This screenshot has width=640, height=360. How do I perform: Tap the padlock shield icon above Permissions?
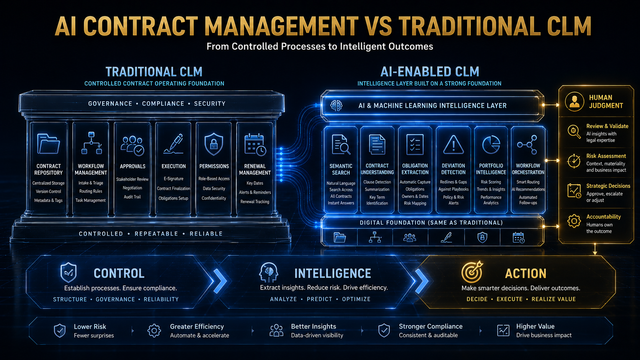coord(214,144)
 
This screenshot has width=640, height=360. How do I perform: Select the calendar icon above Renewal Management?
coord(255,145)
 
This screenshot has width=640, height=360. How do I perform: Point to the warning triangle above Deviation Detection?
coord(454,145)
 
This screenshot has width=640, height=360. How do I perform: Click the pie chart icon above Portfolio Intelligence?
coord(491,145)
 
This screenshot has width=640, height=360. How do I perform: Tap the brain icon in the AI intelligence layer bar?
coord(336,106)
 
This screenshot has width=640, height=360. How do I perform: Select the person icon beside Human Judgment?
coord(574,102)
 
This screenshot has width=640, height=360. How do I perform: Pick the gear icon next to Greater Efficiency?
coord(154,331)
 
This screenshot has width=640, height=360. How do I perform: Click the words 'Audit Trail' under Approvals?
coord(132,197)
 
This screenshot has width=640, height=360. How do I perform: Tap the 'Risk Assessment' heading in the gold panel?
coord(606,156)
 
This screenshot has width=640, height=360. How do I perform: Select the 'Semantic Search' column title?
coord(341,169)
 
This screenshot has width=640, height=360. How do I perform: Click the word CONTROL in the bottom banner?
coord(119,273)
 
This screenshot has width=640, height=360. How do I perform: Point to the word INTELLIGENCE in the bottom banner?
coord(333,273)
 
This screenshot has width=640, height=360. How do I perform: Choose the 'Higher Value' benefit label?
coord(535,326)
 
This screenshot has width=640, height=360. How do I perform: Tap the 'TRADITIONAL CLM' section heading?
coord(154,72)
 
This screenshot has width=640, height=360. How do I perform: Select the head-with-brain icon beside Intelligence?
coord(268,273)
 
